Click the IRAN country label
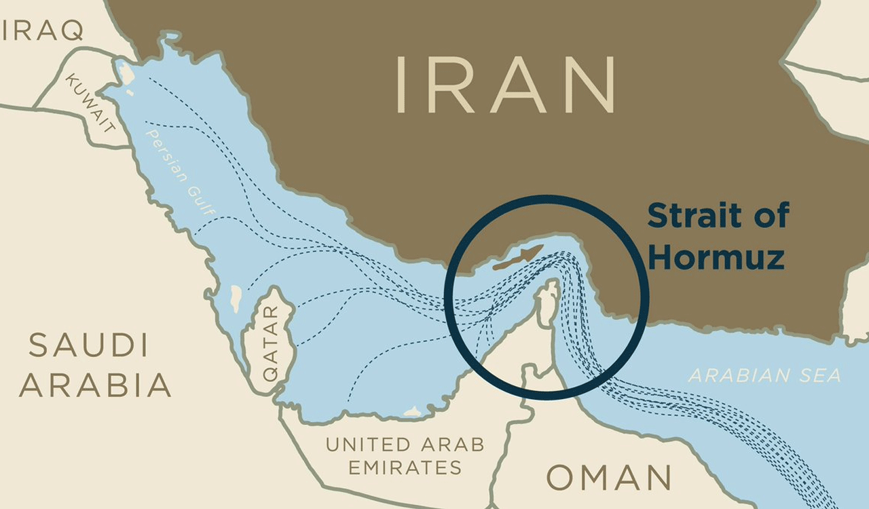click(505, 85)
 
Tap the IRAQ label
click(42, 30)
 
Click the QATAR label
click(270, 343)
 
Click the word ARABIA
click(94, 385)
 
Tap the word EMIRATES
click(405, 468)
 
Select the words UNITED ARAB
click(405, 445)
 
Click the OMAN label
click(609, 478)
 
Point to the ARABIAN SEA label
click(764, 375)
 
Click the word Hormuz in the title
click(716, 258)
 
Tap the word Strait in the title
click(692, 216)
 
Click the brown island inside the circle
click(518, 258)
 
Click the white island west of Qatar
click(236, 298)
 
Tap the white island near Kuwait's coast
click(126, 73)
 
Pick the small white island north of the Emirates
click(412, 411)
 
